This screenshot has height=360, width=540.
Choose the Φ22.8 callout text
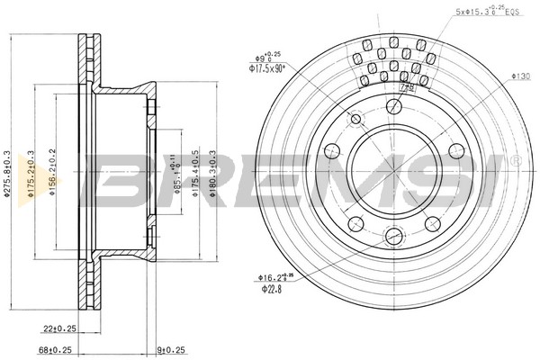click(270, 288)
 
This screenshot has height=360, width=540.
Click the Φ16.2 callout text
click(275, 277)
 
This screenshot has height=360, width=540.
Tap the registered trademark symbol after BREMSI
click(516, 160)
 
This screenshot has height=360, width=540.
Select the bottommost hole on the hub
click(393, 237)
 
